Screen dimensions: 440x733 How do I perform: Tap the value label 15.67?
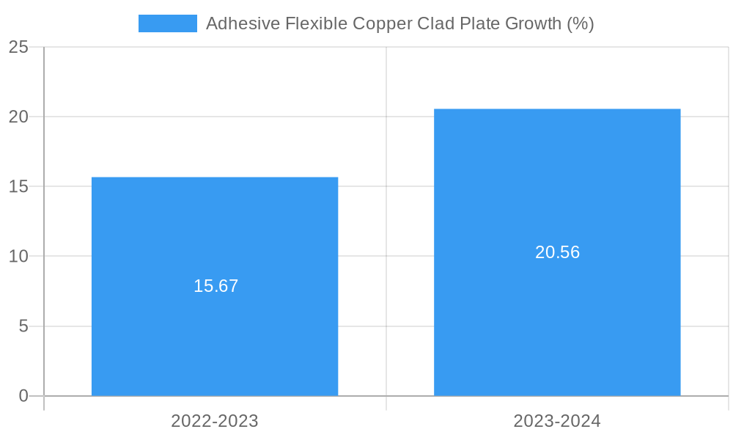[216, 286]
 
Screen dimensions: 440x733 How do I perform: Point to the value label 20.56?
[557, 252]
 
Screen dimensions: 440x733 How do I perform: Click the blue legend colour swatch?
[167, 23]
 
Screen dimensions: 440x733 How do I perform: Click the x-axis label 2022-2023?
[214, 421]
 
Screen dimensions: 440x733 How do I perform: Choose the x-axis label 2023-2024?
[557, 421]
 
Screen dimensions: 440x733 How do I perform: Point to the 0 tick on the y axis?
[23, 396]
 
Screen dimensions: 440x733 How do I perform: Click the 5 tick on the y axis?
[23, 326]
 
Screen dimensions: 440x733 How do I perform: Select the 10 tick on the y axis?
[18, 256]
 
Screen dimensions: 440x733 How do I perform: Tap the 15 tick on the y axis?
[18, 186]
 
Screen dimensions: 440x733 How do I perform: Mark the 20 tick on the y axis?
[18, 117]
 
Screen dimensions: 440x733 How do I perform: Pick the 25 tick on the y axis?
[18, 47]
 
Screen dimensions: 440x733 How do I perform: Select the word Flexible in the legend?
[309, 23]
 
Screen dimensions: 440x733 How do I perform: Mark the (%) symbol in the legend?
[581, 23]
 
